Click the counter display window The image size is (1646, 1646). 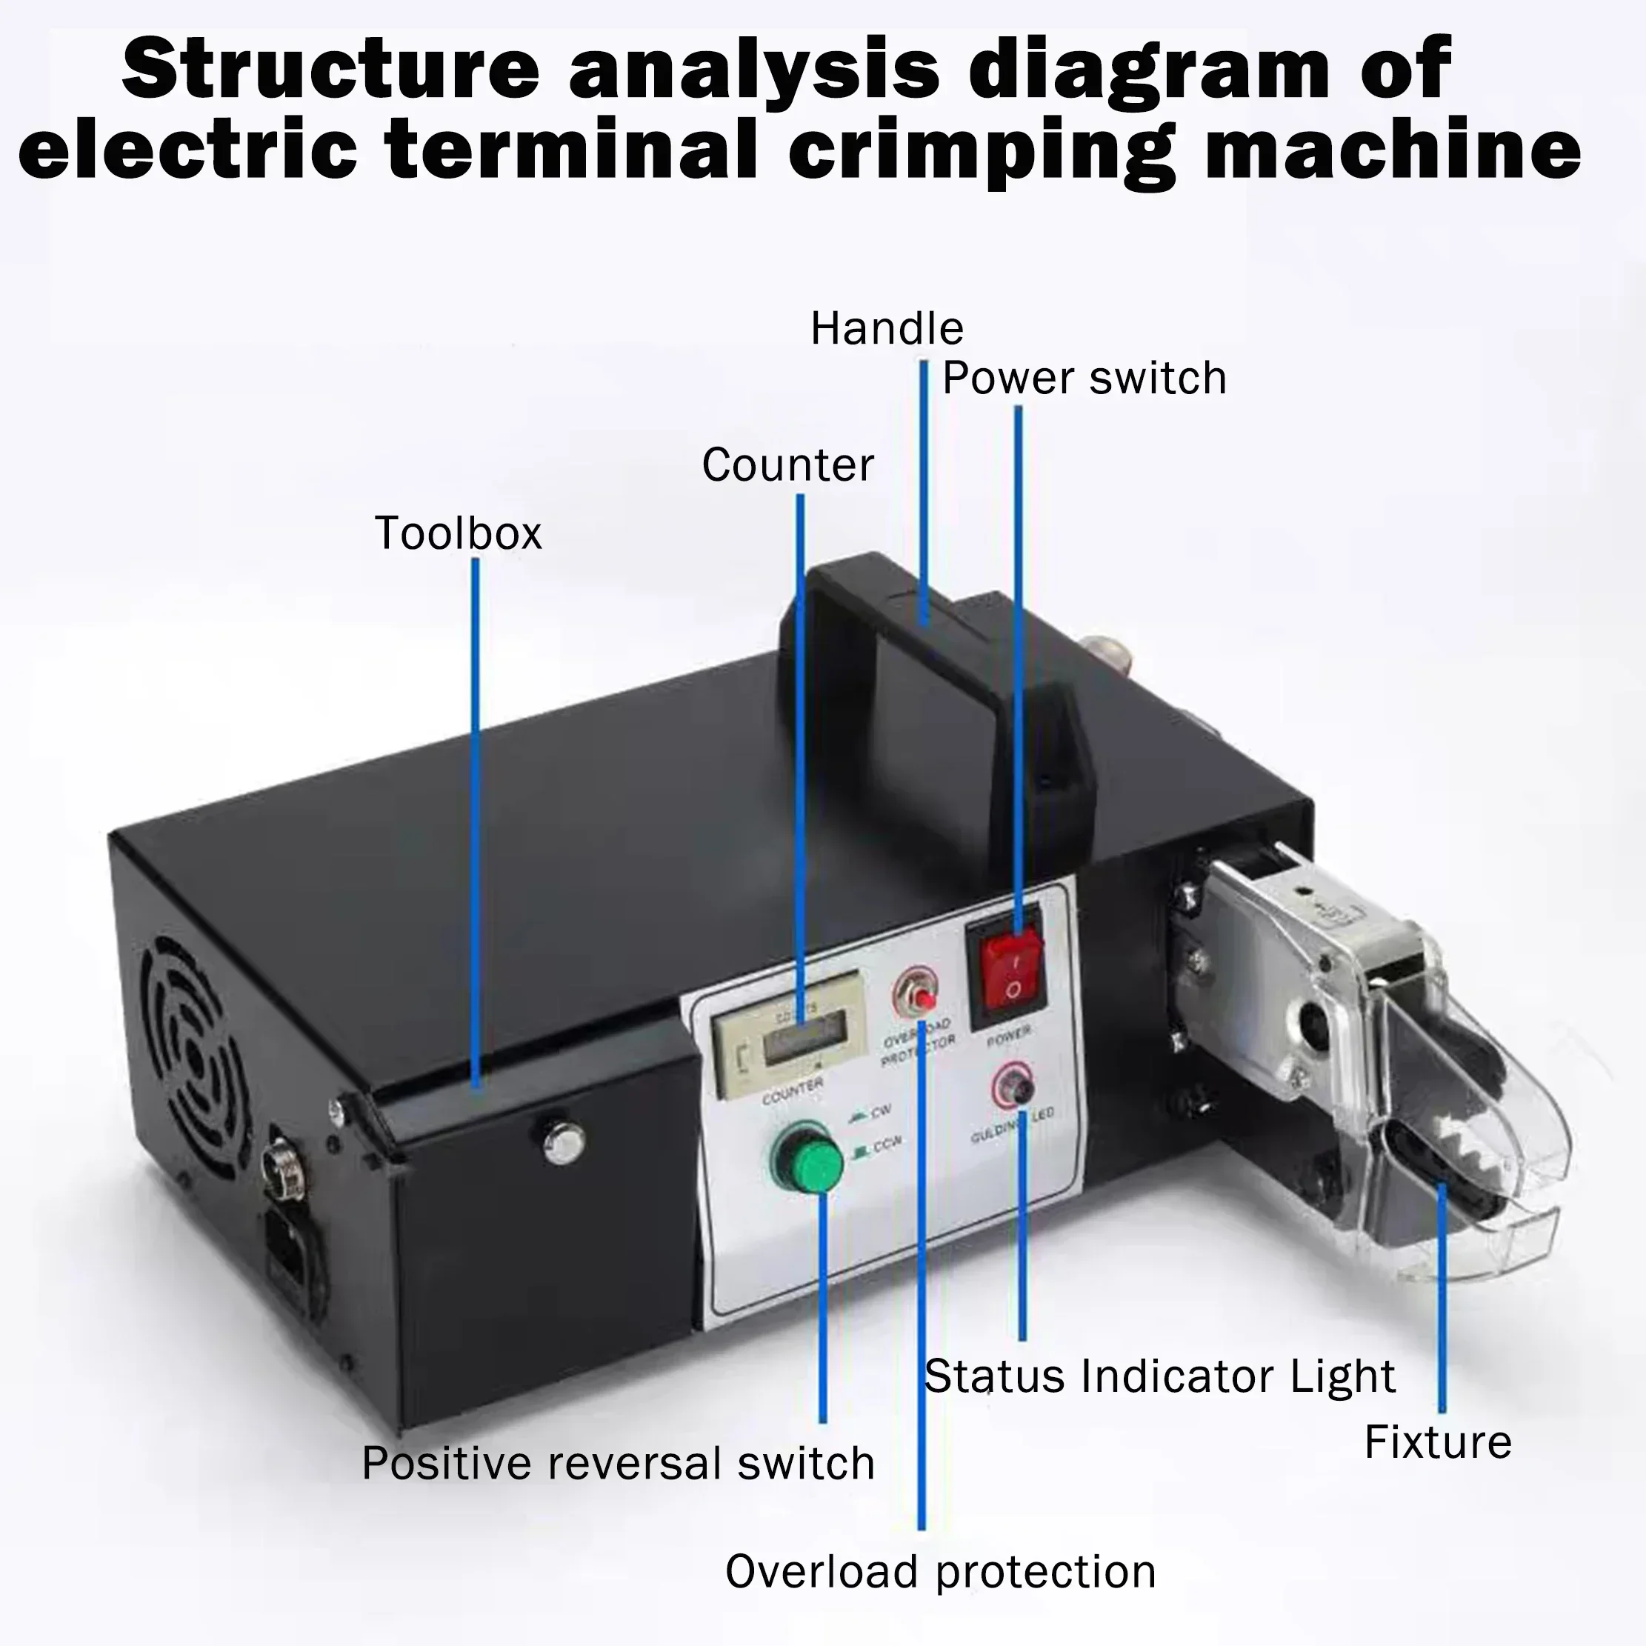click(x=800, y=1042)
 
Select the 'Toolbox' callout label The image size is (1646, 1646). click(x=459, y=534)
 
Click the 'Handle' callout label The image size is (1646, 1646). click(x=887, y=329)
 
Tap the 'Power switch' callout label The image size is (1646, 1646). click(x=1084, y=379)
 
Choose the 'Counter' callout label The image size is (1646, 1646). click(x=788, y=466)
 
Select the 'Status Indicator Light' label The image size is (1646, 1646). click(x=1159, y=1377)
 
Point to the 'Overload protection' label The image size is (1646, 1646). click(x=941, y=1572)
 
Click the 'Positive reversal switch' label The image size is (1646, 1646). click(x=619, y=1464)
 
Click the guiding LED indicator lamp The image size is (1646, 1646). click(x=1013, y=1086)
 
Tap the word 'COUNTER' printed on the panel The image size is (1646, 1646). click(x=793, y=1091)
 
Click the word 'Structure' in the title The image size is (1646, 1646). click(x=331, y=70)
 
